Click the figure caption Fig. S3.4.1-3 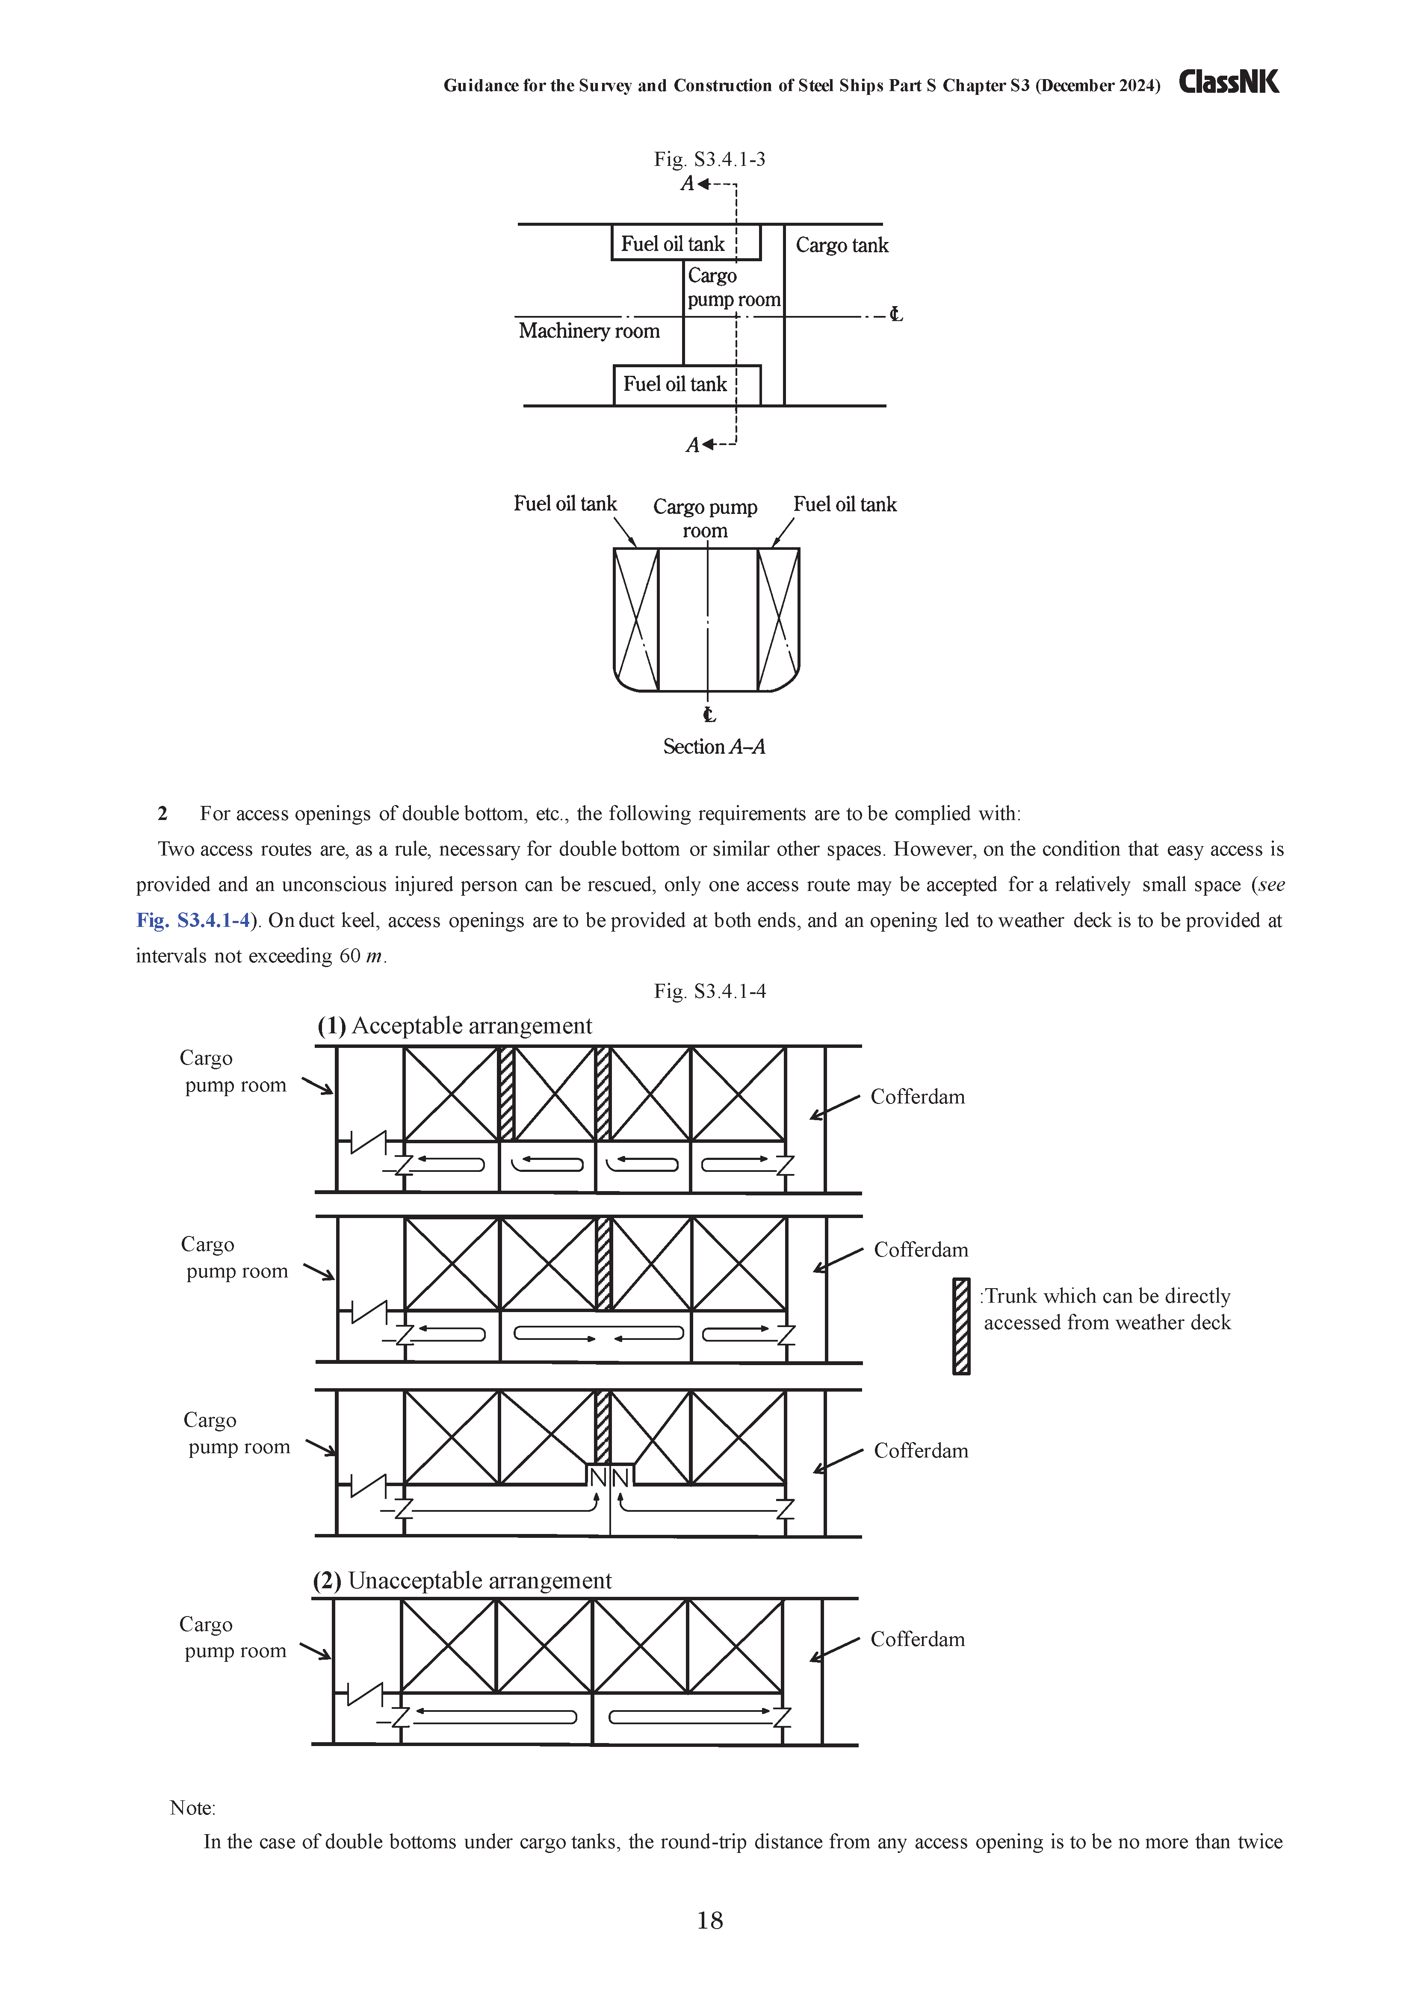tap(710, 159)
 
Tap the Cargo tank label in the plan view tap(842, 245)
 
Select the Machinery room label tap(589, 331)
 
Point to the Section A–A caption tap(713, 746)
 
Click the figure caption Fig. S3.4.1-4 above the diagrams tap(710, 991)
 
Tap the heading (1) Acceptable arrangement tap(454, 1026)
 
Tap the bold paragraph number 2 tap(162, 814)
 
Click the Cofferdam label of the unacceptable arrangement tap(918, 1640)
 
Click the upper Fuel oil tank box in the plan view tap(686, 243)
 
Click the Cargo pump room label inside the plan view tap(733, 287)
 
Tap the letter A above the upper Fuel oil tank tap(688, 184)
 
